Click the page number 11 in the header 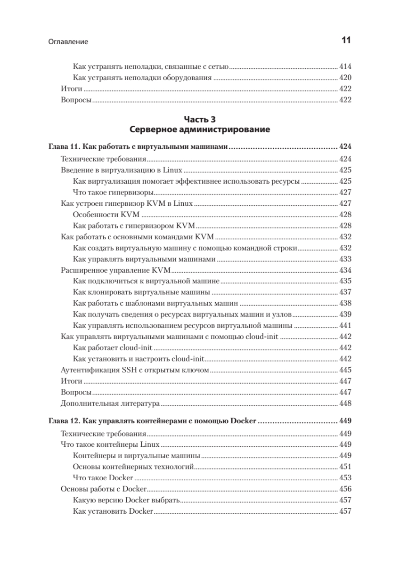(x=345, y=41)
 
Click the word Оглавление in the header (x=68, y=42)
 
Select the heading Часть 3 (x=199, y=120)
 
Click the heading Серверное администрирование (x=199, y=129)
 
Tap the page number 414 (x=345, y=67)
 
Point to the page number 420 (x=345, y=78)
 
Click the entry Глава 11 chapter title (x=139, y=147)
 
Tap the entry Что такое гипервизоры (x=114, y=192)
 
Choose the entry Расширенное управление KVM (x=116, y=270)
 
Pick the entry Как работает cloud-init (x=114, y=348)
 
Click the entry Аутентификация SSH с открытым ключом (x=135, y=371)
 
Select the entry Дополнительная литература (x=111, y=404)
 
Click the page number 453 (x=345, y=477)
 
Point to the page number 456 (x=345, y=489)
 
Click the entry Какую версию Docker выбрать (x=126, y=500)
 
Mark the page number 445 (x=345, y=371)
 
